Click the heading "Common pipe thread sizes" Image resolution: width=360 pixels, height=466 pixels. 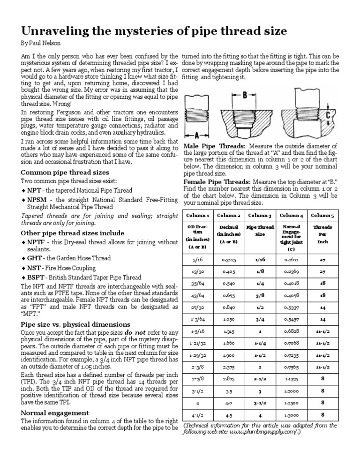(x=65, y=172)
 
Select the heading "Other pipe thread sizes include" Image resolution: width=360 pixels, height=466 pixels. (x=73, y=233)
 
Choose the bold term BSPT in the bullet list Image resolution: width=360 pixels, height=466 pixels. (x=36, y=278)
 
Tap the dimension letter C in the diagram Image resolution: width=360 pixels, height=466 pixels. (x=329, y=114)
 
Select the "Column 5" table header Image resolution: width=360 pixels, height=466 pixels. (x=322, y=215)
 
